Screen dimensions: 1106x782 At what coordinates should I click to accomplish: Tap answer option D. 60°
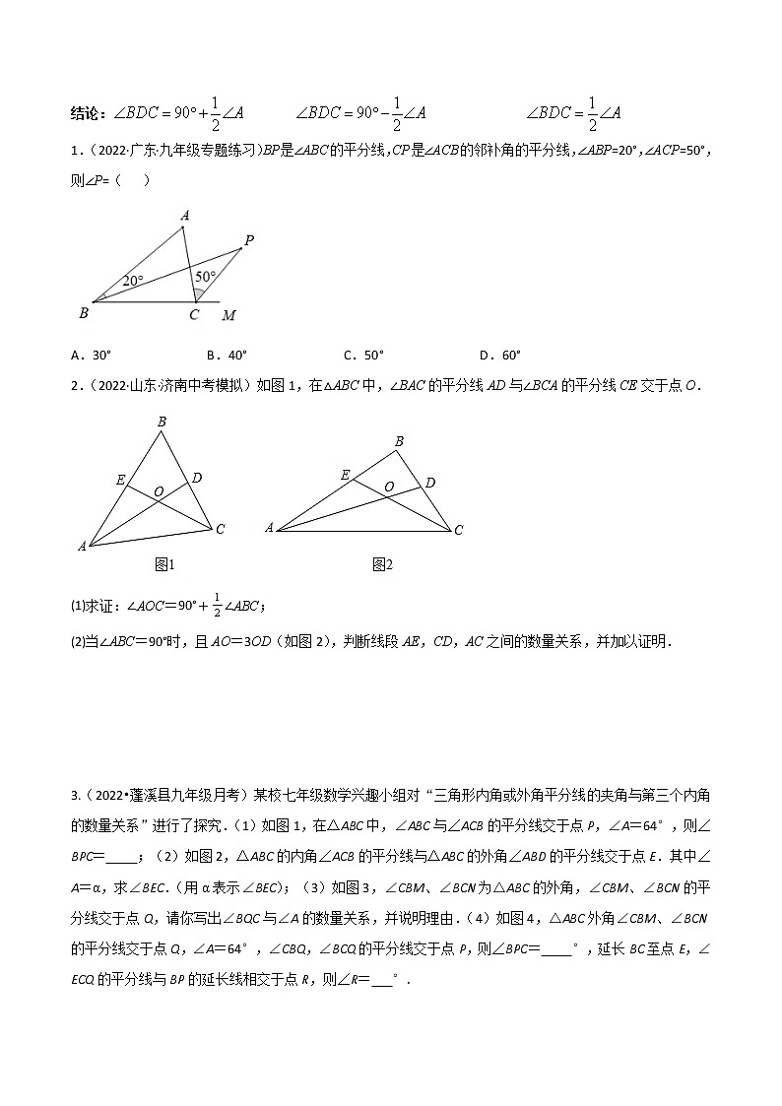coord(499,356)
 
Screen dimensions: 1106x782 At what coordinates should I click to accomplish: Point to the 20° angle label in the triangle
coord(133,281)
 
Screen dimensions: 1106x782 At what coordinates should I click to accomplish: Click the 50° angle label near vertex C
coord(204,278)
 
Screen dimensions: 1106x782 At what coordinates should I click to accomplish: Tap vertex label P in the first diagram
coord(249,239)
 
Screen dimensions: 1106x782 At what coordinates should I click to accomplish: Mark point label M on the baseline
coord(228,315)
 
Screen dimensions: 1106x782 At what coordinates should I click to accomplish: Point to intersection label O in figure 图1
coord(159,490)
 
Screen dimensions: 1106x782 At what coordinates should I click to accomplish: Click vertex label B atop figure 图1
coord(162,423)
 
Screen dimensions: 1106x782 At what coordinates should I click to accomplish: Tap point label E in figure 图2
coord(347,475)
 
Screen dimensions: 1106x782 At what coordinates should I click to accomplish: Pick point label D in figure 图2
coord(430,484)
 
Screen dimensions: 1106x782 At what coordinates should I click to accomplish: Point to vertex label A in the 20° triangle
coord(184,215)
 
